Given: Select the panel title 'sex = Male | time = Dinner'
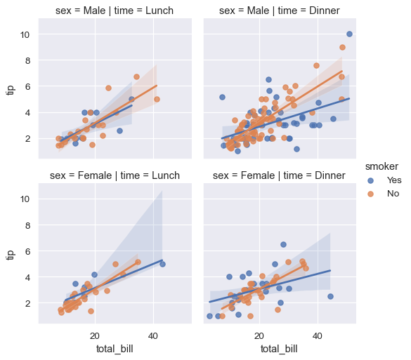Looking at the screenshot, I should tap(280, 11).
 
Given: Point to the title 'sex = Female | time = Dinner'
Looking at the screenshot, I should tap(280, 175).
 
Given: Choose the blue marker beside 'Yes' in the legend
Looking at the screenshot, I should tap(372, 180).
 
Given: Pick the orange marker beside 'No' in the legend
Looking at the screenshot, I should tap(372, 193).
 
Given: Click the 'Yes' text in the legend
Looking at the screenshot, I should tap(394, 180).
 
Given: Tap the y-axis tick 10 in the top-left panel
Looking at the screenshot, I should tap(25, 34).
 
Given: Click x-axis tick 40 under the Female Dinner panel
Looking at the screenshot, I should tap(318, 335).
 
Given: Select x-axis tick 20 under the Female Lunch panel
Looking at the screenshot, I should tap(94, 335).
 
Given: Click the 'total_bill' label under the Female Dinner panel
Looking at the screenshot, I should tap(280, 349).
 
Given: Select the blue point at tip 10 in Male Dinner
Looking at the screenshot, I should tap(349, 34).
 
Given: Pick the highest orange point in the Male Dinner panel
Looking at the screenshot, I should tap(342, 48).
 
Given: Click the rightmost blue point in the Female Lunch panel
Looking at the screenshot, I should tap(162, 264).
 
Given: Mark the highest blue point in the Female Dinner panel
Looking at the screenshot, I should tap(283, 244).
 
